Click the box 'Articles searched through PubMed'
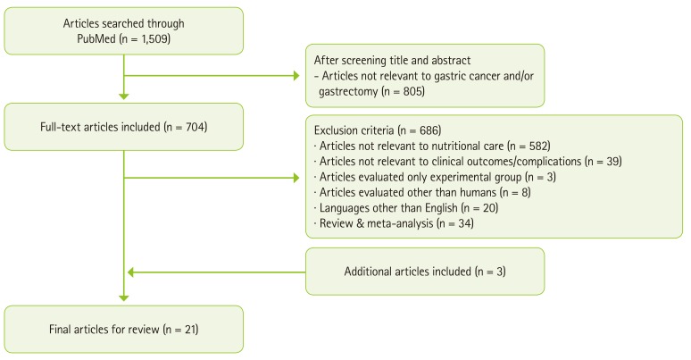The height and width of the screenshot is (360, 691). pos(122,30)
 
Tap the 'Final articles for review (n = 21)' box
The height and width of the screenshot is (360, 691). pos(122,329)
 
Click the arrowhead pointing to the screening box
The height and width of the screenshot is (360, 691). pos(299,76)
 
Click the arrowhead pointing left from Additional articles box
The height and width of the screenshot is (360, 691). pos(130,271)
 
